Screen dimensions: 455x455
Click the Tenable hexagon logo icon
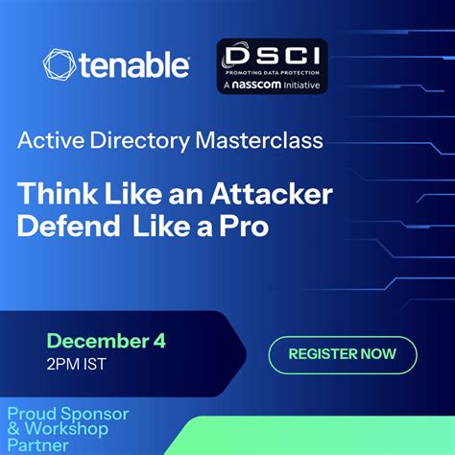[x=59, y=65]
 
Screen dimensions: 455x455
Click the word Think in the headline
[x=56, y=192]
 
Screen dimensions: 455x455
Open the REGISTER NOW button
[x=342, y=353]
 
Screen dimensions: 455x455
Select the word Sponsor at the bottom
[x=94, y=414]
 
